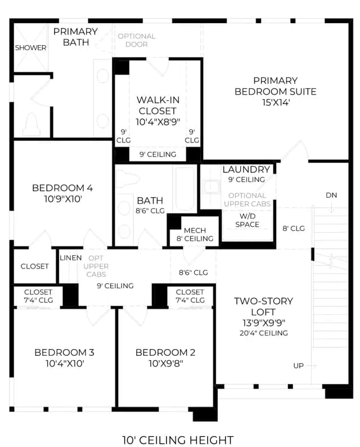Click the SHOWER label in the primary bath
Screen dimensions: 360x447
(x=30, y=48)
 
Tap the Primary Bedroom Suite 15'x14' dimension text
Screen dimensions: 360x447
(x=276, y=102)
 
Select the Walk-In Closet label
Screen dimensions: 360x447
(x=158, y=105)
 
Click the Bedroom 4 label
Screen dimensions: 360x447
(x=62, y=188)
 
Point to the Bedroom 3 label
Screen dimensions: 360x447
(x=64, y=352)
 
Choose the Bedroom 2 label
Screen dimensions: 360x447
(x=165, y=352)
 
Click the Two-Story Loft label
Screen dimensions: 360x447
(x=263, y=306)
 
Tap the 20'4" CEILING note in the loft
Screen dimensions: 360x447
(x=264, y=333)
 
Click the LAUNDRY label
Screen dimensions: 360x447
(x=246, y=169)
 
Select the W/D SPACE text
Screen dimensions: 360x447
(x=247, y=220)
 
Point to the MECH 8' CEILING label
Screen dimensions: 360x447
(x=195, y=234)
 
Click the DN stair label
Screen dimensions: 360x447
(x=331, y=195)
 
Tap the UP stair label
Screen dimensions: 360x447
(x=298, y=366)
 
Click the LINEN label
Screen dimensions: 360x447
(x=71, y=258)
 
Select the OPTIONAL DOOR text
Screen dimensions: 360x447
(x=137, y=40)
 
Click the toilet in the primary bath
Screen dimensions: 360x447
(x=31, y=125)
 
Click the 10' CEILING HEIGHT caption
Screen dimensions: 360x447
(x=178, y=440)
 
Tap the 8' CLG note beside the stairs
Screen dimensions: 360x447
(x=294, y=229)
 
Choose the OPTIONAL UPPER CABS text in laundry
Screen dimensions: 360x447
(x=247, y=200)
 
